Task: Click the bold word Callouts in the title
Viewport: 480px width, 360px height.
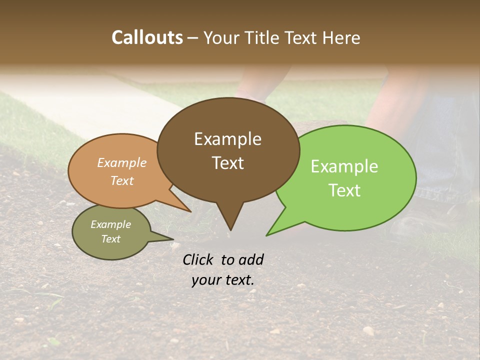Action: (147, 37)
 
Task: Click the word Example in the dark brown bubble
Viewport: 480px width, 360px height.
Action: (227, 139)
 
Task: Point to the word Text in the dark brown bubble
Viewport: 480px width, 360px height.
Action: (227, 163)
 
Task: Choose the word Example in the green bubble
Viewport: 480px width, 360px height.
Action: (344, 166)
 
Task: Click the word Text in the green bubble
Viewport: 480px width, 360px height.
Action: (344, 190)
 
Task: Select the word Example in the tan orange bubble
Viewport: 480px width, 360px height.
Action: (122, 162)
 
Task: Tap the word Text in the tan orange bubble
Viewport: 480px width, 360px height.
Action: (122, 180)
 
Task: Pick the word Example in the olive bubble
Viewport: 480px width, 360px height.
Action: (110, 224)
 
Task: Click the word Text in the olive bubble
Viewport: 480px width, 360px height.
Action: (110, 239)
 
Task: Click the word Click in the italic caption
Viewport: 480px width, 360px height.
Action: (199, 259)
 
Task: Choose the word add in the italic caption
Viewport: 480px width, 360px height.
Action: (251, 259)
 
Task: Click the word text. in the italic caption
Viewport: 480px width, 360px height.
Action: (237, 280)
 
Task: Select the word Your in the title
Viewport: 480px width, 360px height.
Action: (220, 37)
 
